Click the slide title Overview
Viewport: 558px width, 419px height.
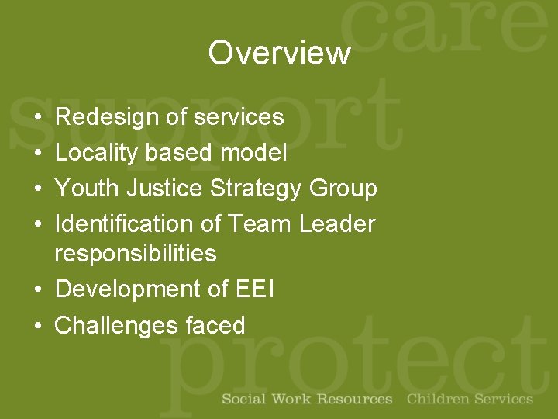279,53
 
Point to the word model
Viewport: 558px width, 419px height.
253,153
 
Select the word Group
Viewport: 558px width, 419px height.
343,189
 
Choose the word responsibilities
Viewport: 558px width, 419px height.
136,254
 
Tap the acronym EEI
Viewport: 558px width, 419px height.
253,289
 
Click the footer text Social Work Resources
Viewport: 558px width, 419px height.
307,400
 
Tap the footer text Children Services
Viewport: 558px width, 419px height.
470,400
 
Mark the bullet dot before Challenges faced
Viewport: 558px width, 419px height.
37,326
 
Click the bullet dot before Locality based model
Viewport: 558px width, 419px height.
37,154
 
